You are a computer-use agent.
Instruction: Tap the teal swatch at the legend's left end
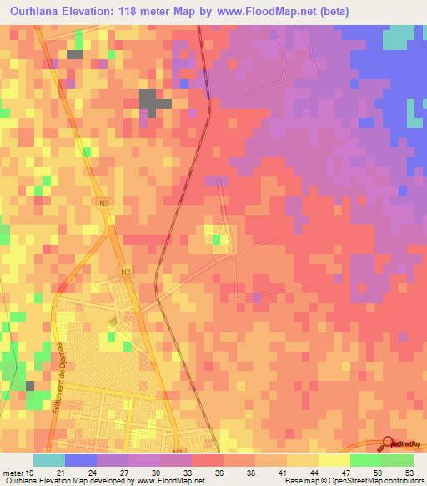48,460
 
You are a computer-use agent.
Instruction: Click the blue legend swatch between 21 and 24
81,460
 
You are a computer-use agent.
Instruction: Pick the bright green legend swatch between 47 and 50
365,460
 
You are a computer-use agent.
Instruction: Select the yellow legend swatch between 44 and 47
334,460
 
